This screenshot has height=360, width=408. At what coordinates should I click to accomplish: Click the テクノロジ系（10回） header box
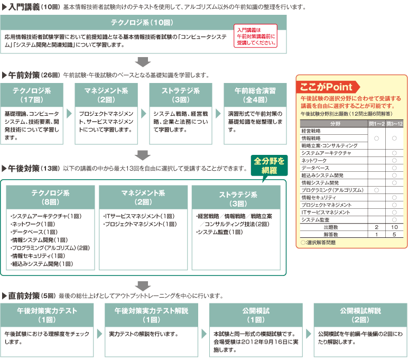click(144, 23)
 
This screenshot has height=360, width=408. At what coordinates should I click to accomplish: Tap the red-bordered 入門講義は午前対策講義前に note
click(256, 36)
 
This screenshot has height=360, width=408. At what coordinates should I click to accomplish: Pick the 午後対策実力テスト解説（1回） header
click(151, 315)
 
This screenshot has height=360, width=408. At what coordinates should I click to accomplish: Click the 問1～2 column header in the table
click(376, 124)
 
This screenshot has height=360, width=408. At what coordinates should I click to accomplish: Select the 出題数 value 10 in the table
click(394, 227)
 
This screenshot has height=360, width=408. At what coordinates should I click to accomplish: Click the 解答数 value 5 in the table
click(394, 234)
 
